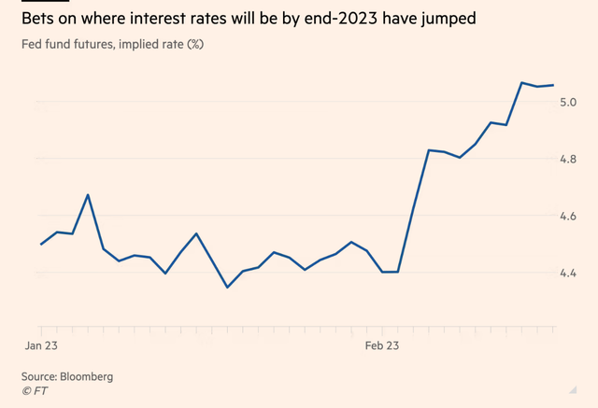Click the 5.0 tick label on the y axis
tap(569, 101)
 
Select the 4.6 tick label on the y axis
tap(569, 216)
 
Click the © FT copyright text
tap(35, 391)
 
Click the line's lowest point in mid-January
tap(227, 288)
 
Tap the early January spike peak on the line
tap(88, 195)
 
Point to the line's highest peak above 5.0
tap(521, 82)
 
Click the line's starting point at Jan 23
tap(41, 244)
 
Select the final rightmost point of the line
tap(553, 85)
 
